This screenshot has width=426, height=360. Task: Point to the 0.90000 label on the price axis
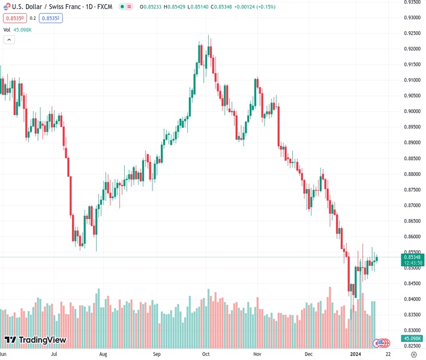pos(411,111)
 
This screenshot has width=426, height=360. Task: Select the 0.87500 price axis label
pos(411,190)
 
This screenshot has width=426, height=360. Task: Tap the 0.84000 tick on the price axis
pos(411,299)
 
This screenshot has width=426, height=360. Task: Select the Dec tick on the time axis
pos(308,355)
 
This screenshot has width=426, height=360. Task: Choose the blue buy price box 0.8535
pos(51,18)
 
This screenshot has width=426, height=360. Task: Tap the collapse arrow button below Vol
pos(9,40)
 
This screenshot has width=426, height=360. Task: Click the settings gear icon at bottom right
pos(413,355)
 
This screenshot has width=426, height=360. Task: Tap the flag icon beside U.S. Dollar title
pos(7,6)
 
